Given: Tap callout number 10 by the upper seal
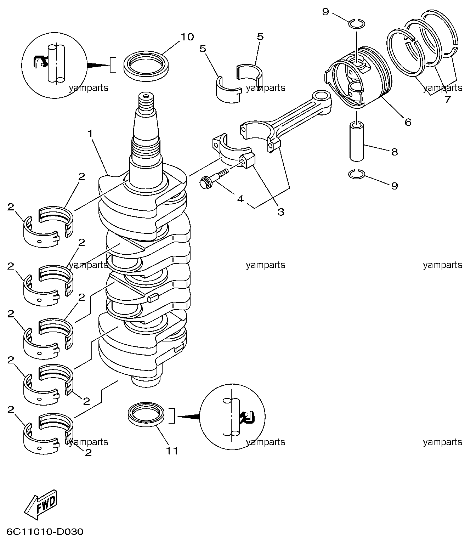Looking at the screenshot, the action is [187, 37].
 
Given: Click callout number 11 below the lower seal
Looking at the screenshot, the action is [172, 451].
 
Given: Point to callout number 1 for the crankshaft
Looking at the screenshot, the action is [90, 134].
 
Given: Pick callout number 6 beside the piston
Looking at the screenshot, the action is [408, 122].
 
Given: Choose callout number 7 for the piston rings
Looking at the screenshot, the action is [448, 100].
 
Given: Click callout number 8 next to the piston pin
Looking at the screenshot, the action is [395, 152].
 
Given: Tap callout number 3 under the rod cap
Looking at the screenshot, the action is [281, 212].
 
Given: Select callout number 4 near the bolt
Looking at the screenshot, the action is [240, 199].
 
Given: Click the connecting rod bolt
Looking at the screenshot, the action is [214, 179].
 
